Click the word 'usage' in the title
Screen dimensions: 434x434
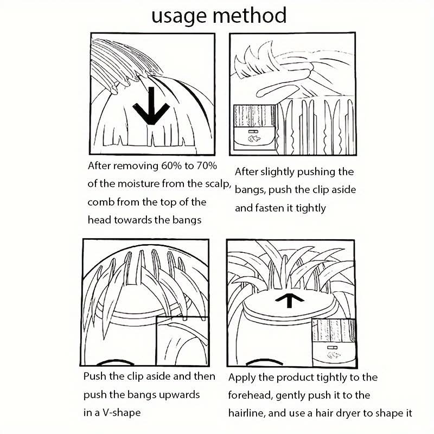click(179, 17)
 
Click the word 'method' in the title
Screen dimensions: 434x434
click(250, 15)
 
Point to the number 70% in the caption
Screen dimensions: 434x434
click(207, 165)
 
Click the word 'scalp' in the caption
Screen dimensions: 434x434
click(218, 184)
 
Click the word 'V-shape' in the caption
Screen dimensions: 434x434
click(122, 413)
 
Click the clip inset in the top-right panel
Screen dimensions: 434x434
click(254, 127)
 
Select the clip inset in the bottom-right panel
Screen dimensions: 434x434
click(333, 343)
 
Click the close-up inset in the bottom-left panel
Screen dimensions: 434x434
click(182, 341)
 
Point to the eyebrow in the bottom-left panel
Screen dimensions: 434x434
click(111, 362)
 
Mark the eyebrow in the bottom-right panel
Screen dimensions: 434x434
click(264, 362)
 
